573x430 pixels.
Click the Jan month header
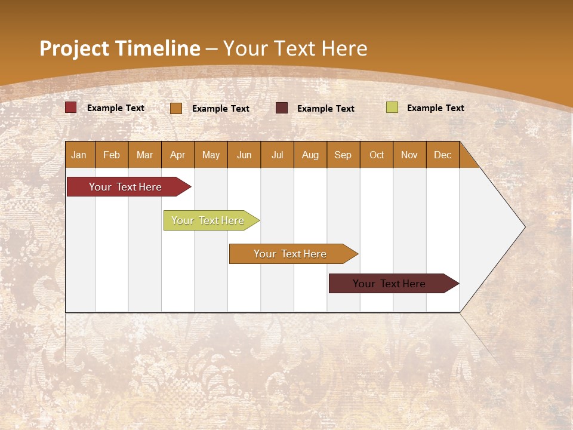(79, 155)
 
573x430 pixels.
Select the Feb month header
(112, 155)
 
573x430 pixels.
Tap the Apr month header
(178, 155)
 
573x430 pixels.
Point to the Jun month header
(244, 155)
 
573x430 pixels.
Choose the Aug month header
(310, 155)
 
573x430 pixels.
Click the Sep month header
(343, 155)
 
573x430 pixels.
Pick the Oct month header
(377, 155)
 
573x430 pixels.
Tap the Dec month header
(443, 155)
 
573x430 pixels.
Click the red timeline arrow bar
(126, 187)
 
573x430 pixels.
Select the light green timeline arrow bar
(208, 220)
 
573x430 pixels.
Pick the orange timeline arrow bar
(291, 254)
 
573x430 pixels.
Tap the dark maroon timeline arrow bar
(390, 284)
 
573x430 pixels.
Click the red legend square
(71, 107)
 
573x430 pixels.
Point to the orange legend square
(176, 108)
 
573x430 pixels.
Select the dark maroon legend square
(282, 108)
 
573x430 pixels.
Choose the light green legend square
(392, 107)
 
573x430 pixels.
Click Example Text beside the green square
(436, 108)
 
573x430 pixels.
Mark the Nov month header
(409, 155)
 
